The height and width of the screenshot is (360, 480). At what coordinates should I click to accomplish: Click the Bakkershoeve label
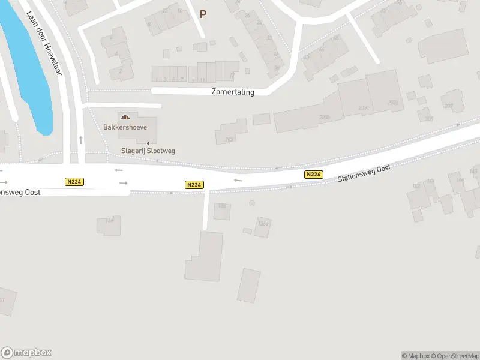pyautogui.click(x=124, y=127)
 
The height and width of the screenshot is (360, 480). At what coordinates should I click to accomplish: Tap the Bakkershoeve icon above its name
pyautogui.click(x=125, y=116)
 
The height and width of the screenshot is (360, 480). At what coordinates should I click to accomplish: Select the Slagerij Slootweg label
pyautogui.click(x=148, y=151)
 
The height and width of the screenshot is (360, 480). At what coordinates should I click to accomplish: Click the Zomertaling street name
pyautogui.click(x=233, y=92)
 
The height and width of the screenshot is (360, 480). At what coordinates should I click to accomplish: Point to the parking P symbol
pyautogui.click(x=203, y=14)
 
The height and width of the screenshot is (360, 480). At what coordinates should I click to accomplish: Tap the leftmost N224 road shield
pyautogui.click(x=74, y=182)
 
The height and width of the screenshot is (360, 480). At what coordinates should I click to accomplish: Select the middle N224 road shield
pyautogui.click(x=194, y=185)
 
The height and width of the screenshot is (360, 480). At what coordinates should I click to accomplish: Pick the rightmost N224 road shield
pyautogui.click(x=314, y=175)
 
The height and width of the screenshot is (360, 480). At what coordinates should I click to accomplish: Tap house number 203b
pyautogui.click(x=325, y=118)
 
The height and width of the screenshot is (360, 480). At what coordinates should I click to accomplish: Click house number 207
pyautogui.click(x=448, y=106)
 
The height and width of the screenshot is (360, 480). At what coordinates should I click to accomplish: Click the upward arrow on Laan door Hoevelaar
pyautogui.click(x=80, y=140)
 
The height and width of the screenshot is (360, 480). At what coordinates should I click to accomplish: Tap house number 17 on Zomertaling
pyautogui.click(x=232, y=76)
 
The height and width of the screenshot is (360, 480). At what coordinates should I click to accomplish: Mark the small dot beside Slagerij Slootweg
pyautogui.click(x=148, y=143)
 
